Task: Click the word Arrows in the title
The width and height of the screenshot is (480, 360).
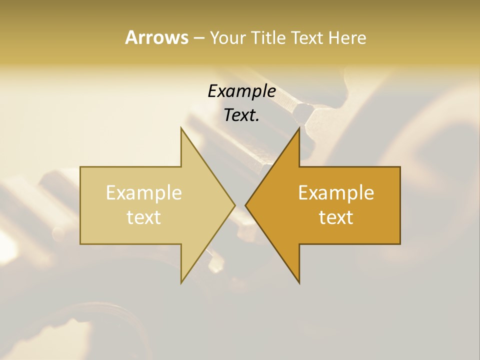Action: pyautogui.click(x=156, y=37)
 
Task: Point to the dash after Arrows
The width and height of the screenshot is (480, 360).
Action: pyautogui.click(x=198, y=38)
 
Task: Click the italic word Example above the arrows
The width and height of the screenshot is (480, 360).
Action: pyautogui.click(x=241, y=91)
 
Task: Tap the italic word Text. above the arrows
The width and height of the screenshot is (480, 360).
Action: pyautogui.click(x=241, y=115)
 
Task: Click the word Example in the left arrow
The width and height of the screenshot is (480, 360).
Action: pyautogui.click(x=144, y=192)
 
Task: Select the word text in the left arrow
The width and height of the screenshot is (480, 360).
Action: pyautogui.click(x=144, y=217)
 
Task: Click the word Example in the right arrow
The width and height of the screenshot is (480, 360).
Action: pyautogui.click(x=336, y=192)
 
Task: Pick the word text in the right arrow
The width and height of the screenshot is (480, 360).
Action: pyautogui.click(x=336, y=217)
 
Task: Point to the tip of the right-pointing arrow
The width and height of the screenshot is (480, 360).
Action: pyautogui.click(x=235, y=205)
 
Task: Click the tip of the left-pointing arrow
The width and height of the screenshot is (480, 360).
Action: pyautogui.click(x=245, y=205)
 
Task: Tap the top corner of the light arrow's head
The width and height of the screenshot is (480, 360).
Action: pyautogui.click(x=181, y=127)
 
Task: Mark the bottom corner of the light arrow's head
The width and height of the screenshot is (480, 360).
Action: pyautogui.click(x=181, y=283)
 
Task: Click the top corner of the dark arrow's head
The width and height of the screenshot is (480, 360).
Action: pyautogui.click(x=299, y=127)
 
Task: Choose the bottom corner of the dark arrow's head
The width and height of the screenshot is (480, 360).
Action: pyautogui.click(x=299, y=283)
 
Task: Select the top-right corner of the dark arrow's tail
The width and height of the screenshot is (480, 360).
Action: pyautogui.click(x=400, y=167)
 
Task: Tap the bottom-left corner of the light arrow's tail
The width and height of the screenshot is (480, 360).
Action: pyautogui.click(x=80, y=244)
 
